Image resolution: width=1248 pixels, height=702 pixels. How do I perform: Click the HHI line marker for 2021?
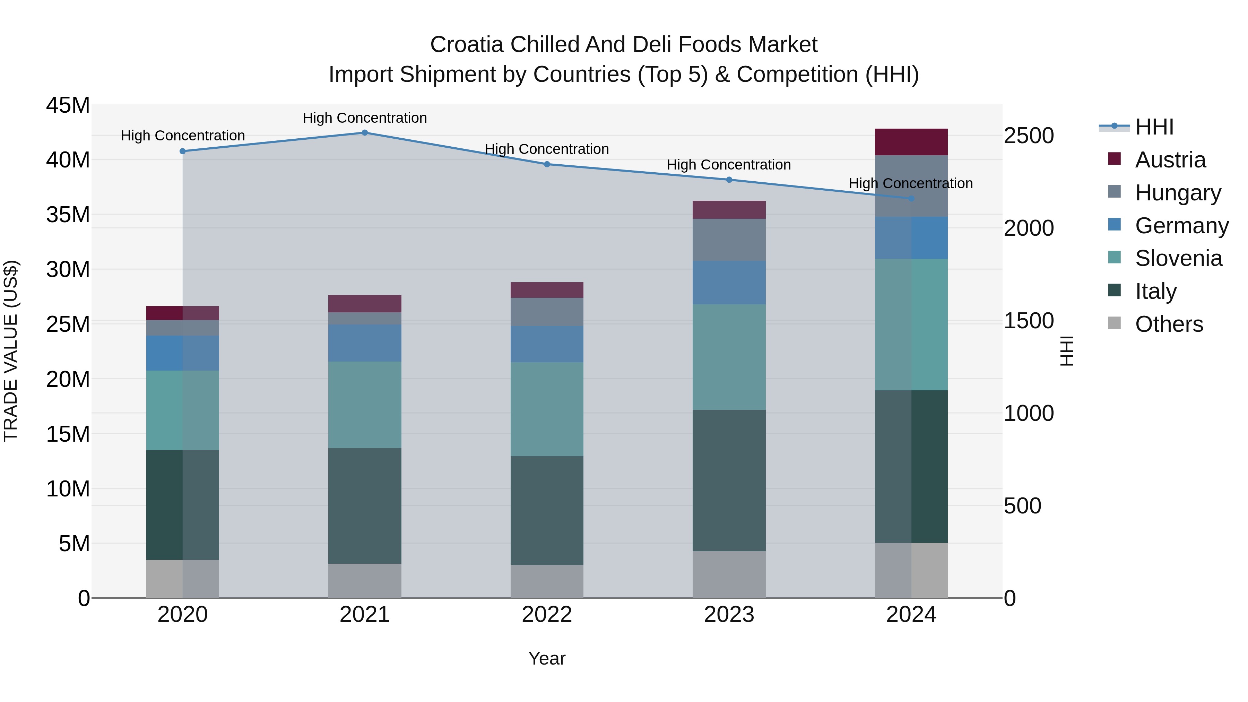365,132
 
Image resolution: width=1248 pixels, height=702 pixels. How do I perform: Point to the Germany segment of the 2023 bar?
729,283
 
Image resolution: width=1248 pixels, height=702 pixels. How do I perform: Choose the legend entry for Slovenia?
1178,258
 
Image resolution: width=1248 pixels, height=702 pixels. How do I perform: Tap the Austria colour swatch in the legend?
1114,159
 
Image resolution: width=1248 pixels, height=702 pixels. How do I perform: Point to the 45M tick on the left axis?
68,105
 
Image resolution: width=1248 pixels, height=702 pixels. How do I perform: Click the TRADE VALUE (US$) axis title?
11,351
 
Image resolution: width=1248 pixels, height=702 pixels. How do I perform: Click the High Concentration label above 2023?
729,165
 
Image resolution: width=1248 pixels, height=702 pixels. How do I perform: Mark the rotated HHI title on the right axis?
1067,351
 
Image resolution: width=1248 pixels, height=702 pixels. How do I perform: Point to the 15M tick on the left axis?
68,434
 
